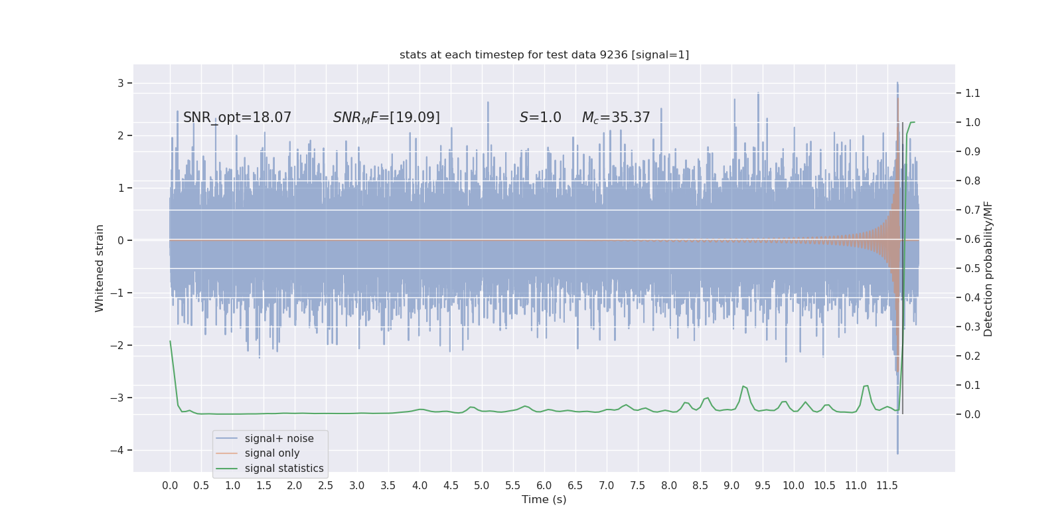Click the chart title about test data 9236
point(544,55)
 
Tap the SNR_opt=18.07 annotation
point(237,117)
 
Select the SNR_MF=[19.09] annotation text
point(386,117)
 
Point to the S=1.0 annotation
point(540,117)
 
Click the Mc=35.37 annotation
point(616,117)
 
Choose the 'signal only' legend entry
point(272,453)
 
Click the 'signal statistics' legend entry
point(284,469)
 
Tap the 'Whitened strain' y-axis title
point(100,268)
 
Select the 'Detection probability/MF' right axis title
point(988,269)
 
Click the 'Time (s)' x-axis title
point(544,500)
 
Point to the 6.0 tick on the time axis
point(544,486)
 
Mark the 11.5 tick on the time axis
point(887,486)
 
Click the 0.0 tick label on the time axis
point(170,486)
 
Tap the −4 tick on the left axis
point(119,450)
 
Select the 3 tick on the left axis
point(121,83)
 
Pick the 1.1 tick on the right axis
point(972,93)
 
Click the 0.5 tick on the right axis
point(972,268)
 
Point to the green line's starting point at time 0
point(170,341)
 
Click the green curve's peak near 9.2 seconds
point(743,386)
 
